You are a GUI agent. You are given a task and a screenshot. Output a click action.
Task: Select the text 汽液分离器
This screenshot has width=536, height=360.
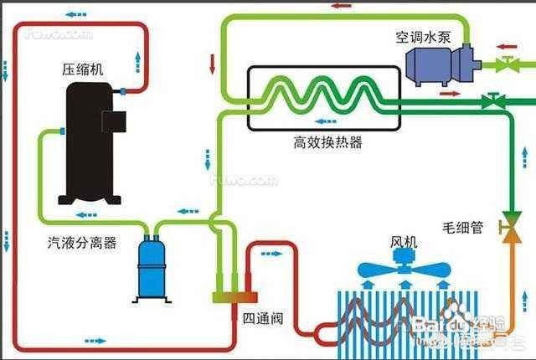(x=81, y=244)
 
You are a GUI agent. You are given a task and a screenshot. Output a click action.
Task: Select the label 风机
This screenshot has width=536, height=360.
(x=403, y=242)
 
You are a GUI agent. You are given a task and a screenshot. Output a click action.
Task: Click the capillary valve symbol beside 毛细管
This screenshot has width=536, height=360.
(x=508, y=226)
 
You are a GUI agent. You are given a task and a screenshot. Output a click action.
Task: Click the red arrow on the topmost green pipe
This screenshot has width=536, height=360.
(x=340, y=6)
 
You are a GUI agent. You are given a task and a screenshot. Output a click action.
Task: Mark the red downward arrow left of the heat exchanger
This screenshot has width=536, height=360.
(x=213, y=63)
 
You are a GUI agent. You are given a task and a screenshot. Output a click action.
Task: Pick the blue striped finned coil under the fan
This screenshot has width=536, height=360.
(x=402, y=322)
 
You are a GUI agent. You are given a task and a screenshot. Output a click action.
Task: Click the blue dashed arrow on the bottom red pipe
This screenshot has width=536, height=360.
(x=95, y=340)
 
